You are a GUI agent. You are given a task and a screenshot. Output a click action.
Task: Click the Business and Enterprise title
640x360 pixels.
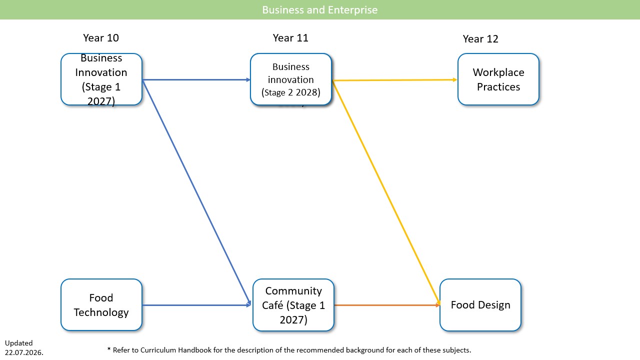pos(319,10)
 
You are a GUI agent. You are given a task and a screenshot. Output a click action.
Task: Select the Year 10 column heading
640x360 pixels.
pos(101,38)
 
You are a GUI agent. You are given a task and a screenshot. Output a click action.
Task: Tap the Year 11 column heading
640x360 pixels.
pos(290,38)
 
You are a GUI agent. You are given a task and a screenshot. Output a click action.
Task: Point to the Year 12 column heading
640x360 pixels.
pos(480,39)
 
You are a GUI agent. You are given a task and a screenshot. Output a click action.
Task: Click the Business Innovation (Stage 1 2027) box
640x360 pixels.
pos(101,79)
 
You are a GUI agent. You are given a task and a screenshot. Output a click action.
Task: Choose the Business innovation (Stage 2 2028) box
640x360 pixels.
pos(291,79)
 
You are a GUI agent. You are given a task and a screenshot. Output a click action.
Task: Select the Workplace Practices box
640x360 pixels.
pos(498,79)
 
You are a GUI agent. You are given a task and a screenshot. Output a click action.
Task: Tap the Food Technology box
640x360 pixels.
pos(101,305)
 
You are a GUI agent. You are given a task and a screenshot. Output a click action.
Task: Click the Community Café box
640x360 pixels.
pos(293,305)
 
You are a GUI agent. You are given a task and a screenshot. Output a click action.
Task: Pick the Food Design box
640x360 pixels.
pos(480,305)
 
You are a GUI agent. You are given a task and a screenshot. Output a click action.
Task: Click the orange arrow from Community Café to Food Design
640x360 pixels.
pos(387,305)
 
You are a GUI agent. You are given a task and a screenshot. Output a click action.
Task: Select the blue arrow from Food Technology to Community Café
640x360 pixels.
pos(197,305)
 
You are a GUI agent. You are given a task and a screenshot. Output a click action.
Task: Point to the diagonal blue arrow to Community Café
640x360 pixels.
pos(196,192)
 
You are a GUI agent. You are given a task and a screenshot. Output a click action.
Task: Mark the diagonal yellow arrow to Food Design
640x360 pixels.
pos(386,192)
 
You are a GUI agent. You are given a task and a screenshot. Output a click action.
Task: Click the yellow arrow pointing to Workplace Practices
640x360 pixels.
pos(395,80)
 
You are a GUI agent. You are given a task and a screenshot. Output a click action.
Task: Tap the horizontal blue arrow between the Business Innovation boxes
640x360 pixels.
pos(196,79)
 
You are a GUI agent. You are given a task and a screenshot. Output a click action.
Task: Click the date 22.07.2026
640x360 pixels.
pos(24,352)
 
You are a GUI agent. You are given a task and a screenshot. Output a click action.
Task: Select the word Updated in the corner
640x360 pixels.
pos(19,343)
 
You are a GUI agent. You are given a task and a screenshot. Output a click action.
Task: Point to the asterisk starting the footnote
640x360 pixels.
pos(109,349)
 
